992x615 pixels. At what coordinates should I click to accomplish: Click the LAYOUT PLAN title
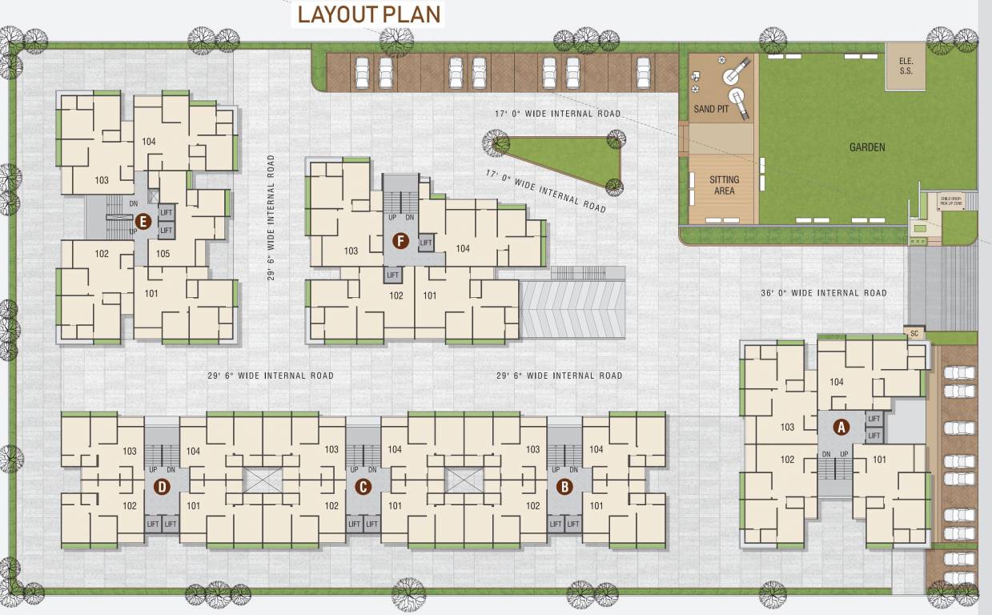[368, 14]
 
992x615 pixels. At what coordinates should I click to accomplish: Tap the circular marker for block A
[841, 427]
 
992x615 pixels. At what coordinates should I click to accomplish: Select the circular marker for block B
[564, 486]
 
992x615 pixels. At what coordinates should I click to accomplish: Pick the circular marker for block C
[363, 486]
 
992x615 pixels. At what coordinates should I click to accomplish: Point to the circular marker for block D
[161, 486]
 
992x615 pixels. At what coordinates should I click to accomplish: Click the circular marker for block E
[143, 222]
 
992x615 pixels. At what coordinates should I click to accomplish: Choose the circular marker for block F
[400, 239]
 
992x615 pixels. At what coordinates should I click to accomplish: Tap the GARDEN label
[867, 147]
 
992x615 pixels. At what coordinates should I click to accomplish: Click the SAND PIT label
[711, 109]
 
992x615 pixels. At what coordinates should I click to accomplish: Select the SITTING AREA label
[724, 185]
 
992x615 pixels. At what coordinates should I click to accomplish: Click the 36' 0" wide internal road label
[823, 293]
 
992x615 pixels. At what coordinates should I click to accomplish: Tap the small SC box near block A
[914, 332]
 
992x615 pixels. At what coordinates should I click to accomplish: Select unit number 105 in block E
[163, 254]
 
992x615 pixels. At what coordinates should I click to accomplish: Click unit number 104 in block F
[463, 248]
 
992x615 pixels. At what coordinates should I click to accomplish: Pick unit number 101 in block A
[879, 460]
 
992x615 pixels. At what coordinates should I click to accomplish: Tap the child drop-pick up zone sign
[950, 202]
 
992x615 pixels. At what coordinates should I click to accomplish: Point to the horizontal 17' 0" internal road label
[557, 114]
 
